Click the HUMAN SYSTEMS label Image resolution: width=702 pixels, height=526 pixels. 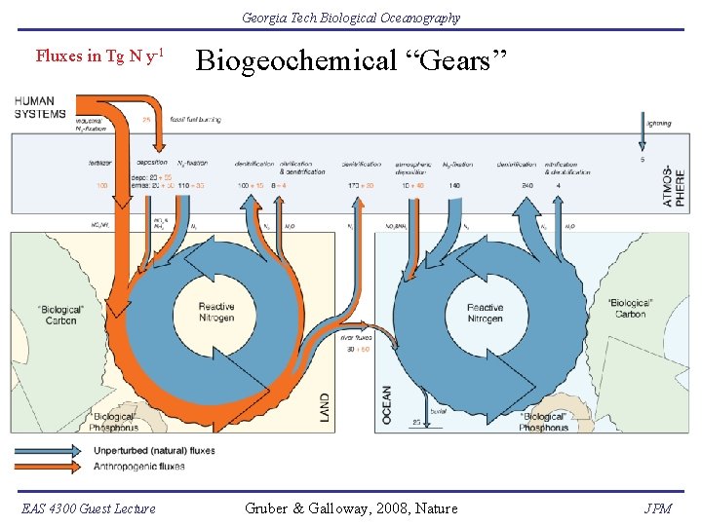point(34,107)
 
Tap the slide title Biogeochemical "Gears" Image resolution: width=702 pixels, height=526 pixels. point(352,61)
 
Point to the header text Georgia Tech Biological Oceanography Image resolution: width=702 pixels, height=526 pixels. point(351,18)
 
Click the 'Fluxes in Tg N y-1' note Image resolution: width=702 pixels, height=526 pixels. point(98,56)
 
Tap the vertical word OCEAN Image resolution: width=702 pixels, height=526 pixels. point(387,404)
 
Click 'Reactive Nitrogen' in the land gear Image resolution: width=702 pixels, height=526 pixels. point(216,313)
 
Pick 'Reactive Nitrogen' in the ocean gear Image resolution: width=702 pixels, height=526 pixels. point(485,313)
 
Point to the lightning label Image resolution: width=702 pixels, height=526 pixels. point(658,125)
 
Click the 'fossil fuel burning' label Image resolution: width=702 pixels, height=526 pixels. point(195,120)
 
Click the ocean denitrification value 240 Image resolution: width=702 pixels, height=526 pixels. point(528,185)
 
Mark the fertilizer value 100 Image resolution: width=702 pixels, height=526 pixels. point(101,185)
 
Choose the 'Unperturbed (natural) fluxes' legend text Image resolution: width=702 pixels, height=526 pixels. point(153,450)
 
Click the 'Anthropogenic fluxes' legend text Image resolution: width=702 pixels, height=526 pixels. point(138,466)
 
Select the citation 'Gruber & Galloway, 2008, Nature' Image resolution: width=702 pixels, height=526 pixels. point(350,507)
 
